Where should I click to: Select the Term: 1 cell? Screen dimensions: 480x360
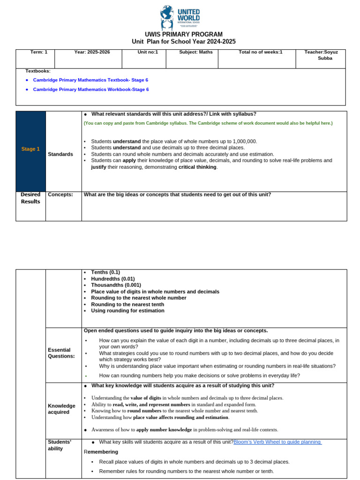point(39,52)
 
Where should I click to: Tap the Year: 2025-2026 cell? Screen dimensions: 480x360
point(92,52)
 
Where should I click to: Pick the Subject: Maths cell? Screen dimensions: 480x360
point(195,52)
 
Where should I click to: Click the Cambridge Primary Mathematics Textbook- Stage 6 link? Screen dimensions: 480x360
point(90,80)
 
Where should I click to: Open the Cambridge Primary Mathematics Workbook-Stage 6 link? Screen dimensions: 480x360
point(91,90)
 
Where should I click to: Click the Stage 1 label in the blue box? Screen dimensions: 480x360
point(30,149)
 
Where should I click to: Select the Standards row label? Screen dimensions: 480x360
point(60,154)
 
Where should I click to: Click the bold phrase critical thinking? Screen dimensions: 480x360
point(197,167)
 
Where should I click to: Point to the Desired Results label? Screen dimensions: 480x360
point(30,198)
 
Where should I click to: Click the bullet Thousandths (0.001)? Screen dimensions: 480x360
point(116,285)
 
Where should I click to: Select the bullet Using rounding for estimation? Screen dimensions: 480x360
point(127,310)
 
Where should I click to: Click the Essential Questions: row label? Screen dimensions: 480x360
point(61,353)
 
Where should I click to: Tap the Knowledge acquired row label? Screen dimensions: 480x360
point(61,409)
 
